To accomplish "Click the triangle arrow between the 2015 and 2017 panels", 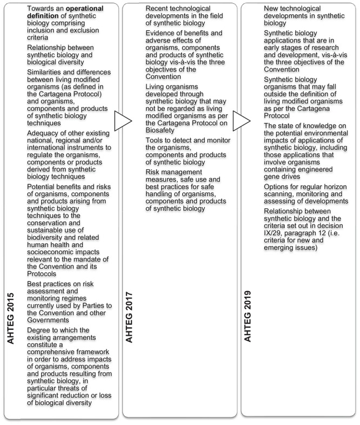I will point(123,122).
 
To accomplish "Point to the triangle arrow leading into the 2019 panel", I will point(241,122).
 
